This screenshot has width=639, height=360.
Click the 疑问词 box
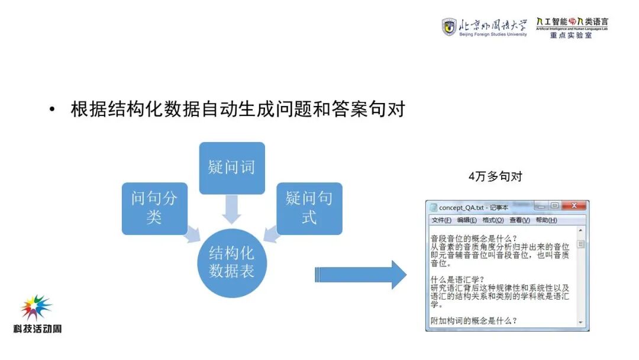pyautogui.click(x=232, y=168)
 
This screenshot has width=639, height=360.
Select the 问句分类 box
pyautogui.click(x=154, y=208)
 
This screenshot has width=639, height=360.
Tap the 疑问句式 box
pyautogui.click(x=309, y=208)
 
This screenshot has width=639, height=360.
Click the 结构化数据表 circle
pyautogui.click(x=232, y=262)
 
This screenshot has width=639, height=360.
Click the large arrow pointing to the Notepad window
pyautogui.click(x=361, y=275)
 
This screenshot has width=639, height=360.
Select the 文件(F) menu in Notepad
pyautogui.click(x=441, y=220)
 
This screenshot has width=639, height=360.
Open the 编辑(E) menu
pyautogui.click(x=467, y=220)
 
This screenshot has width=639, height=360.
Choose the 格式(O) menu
pyautogui.click(x=493, y=220)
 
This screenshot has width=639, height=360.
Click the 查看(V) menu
pyautogui.click(x=519, y=220)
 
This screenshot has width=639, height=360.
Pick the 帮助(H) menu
pyautogui.click(x=546, y=220)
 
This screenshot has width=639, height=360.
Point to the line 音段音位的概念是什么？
pyautogui.click(x=474, y=238)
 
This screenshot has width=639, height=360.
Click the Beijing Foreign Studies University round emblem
pyautogui.click(x=449, y=27)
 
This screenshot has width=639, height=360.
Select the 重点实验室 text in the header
pyautogui.click(x=571, y=36)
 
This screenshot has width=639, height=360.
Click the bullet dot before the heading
pyautogui.click(x=53, y=110)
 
